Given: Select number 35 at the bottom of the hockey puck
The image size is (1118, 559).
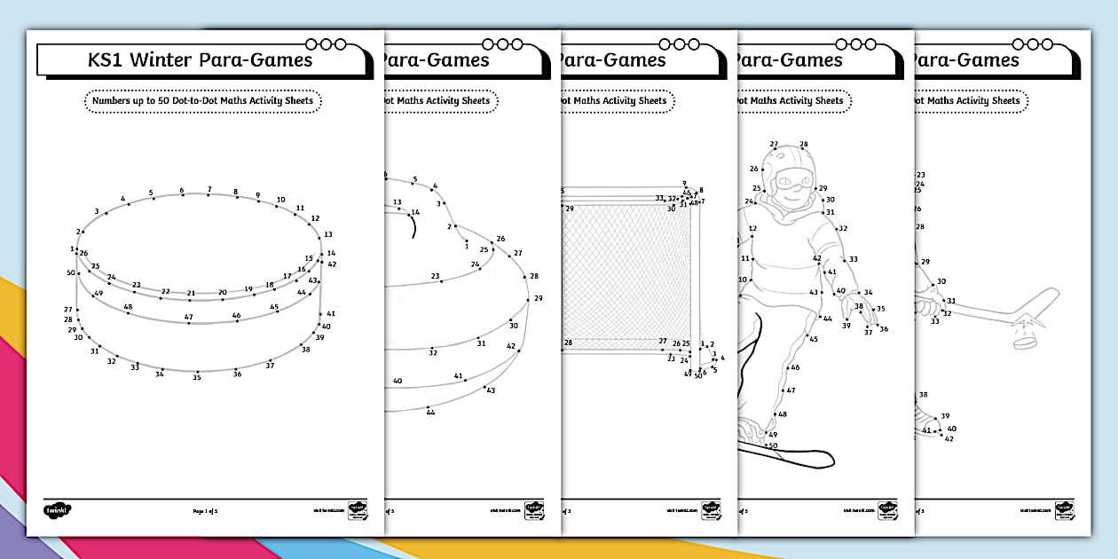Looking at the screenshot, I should (197, 377).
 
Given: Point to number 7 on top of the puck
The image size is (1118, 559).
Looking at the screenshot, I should (209, 189).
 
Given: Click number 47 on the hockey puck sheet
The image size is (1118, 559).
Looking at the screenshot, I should (188, 317).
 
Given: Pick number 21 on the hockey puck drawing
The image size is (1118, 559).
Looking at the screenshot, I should (191, 292).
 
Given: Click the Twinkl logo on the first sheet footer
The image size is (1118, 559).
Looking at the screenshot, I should (58, 510).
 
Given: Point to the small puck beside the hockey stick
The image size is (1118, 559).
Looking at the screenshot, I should (1024, 340).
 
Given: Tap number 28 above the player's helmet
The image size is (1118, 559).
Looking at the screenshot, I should (804, 144).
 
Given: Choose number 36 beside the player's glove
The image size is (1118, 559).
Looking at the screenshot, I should (884, 329).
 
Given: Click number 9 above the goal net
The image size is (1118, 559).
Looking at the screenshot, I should (684, 184).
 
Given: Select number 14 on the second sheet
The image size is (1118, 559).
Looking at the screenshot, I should (414, 213).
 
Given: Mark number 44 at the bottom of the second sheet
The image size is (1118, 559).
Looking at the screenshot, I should (430, 412).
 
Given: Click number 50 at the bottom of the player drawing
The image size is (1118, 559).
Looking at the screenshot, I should (773, 445).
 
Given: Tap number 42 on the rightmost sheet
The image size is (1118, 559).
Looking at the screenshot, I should (949, 438).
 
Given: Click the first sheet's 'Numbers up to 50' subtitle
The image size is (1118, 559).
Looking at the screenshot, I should (202, 101).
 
